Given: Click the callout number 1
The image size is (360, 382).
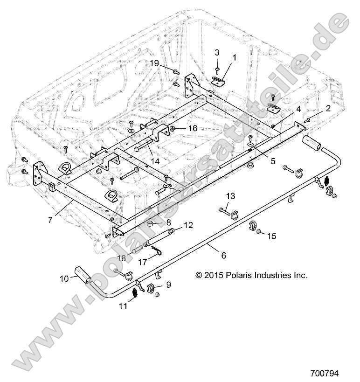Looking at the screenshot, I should [235, 58].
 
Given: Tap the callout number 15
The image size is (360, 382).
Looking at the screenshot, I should [272, 236].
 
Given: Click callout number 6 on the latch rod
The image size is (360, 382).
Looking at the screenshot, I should [223, 255].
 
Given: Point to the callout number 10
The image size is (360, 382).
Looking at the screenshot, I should [63, 278].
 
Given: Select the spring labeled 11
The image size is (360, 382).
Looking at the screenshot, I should [134, 294].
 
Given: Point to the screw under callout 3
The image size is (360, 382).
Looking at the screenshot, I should [217, 70].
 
